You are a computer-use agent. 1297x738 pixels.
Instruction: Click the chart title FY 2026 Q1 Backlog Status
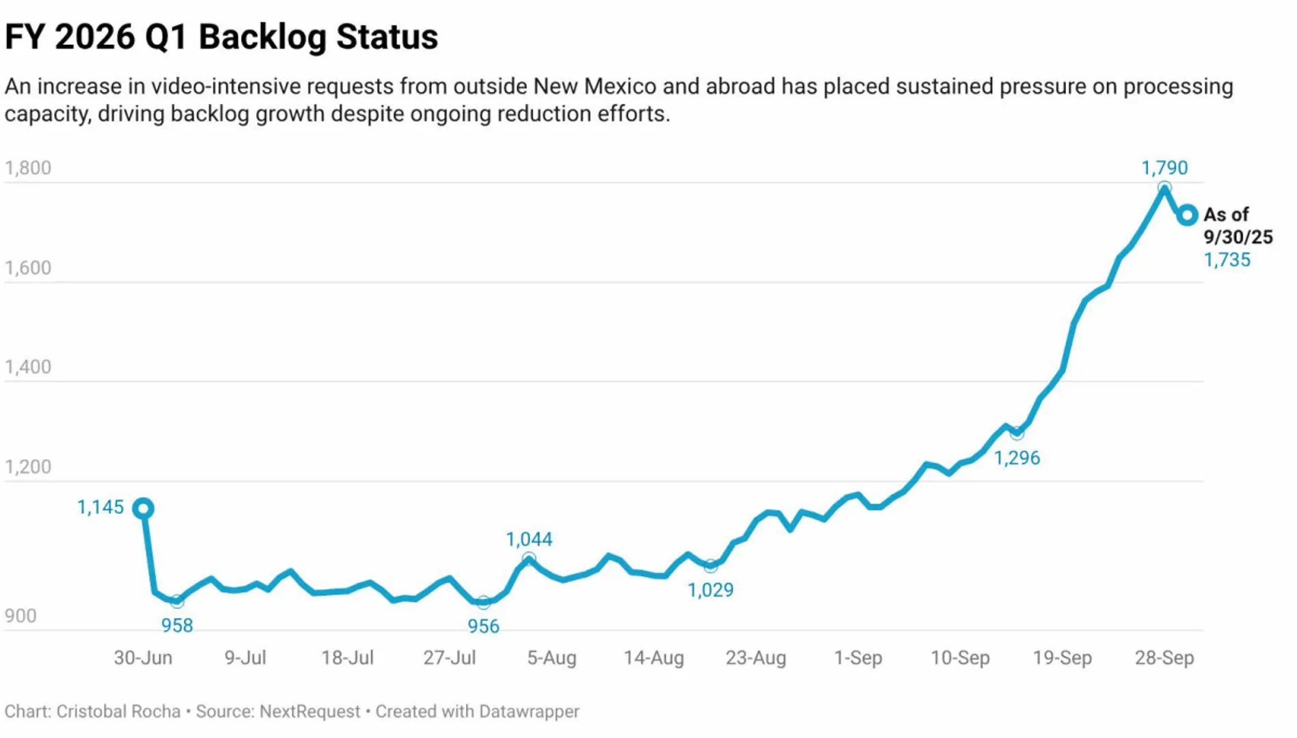[221, 37]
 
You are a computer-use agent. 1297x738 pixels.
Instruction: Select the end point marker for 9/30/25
[1188, 215]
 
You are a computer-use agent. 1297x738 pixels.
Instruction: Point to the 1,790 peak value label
[1164, 167]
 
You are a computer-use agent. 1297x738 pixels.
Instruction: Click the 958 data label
[177, 625]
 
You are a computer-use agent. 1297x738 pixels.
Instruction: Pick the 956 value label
[483, 626]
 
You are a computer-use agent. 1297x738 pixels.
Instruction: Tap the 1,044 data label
[529, 539]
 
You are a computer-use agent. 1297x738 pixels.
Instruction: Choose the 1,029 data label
[710, 590]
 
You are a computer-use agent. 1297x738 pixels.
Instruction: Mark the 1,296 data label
[1016, 458]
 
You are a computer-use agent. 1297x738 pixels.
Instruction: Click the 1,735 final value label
[1227, 260]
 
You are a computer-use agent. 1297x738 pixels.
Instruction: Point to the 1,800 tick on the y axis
[28, 168]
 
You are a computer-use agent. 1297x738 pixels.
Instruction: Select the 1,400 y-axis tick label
[28, 367]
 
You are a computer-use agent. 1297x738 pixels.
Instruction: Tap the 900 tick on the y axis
[21, 616]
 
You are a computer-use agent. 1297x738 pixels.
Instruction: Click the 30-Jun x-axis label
[143, 657]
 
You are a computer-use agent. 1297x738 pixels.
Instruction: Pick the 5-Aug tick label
[551, 657]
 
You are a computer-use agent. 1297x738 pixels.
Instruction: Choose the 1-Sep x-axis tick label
[858, 657]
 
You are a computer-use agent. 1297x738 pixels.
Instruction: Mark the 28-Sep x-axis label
[1164, 657]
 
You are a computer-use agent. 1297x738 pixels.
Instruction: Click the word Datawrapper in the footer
[528, 711]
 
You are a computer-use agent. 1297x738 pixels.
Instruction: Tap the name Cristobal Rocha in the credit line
[118, 711]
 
